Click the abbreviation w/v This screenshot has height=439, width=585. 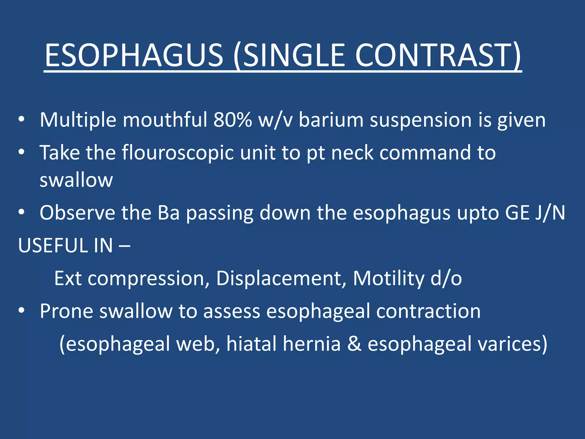pos(275,120)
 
